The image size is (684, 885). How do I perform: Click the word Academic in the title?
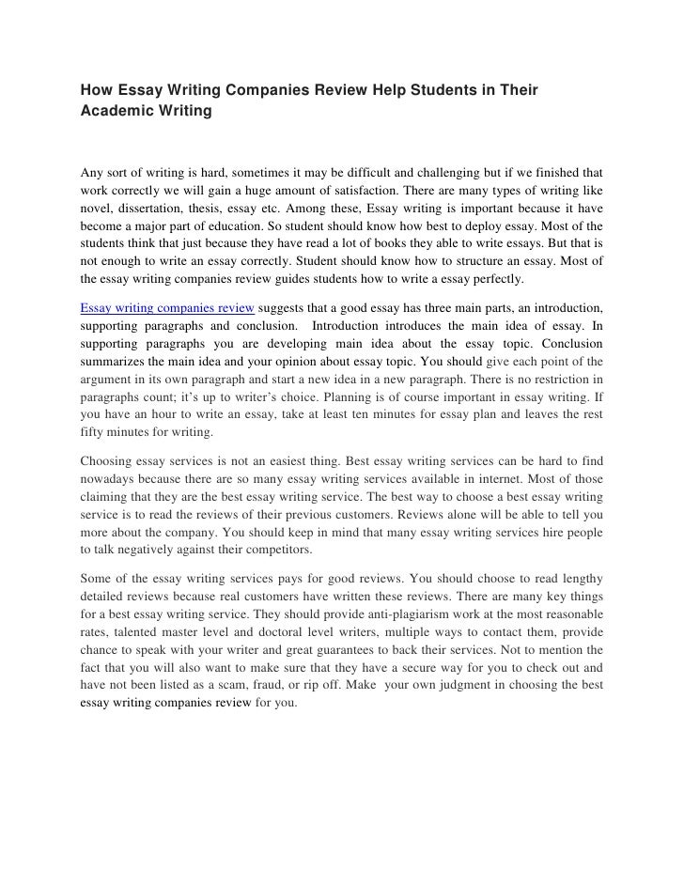coord(114,112)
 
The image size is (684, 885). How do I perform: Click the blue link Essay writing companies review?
coord(167,307)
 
